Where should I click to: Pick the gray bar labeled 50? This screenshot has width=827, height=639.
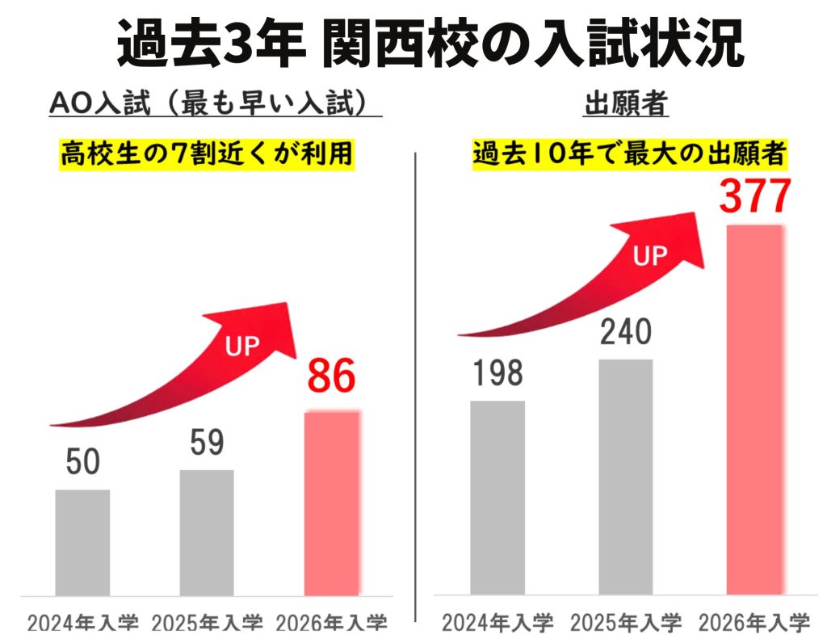[x=82, y=542]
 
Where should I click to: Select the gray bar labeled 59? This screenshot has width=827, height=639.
[x=207, y=532]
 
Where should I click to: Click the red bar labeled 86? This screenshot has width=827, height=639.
[x=331, y=503]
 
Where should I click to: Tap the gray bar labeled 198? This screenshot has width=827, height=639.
[x=497, y=498]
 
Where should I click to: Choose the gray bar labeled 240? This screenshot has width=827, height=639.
[x=626, y=477]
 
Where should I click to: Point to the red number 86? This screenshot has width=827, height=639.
[x=331, y=378]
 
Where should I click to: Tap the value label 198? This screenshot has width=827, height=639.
[x=497, y=373]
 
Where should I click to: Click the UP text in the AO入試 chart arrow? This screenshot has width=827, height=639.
[x=242, y=347]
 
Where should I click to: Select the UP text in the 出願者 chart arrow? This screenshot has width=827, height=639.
[x=650, y=258]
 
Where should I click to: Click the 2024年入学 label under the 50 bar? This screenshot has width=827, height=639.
[x=83, y=623]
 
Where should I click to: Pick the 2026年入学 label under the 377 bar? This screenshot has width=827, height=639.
[x=754, y=623]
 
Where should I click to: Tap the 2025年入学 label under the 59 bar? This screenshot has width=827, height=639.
[x=208, y=623]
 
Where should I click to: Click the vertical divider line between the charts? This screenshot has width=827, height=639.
[x=414, y=388]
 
